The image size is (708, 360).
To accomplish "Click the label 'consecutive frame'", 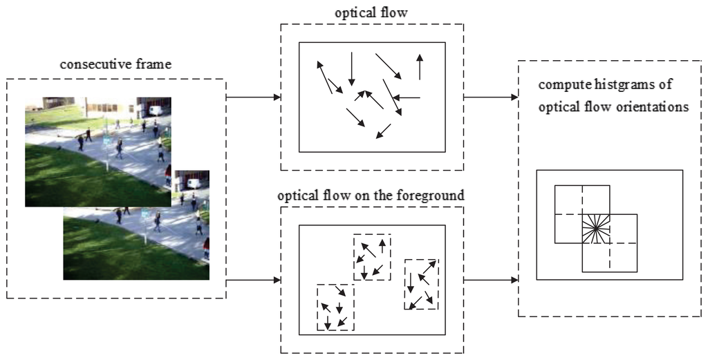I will [115, 65].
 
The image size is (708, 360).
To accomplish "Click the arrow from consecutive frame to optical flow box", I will [253, 97].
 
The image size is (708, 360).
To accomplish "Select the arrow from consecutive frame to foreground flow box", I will [253, 281].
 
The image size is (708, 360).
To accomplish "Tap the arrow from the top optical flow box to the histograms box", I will [490, 97].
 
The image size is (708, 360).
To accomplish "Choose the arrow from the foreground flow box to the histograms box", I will [490, 281].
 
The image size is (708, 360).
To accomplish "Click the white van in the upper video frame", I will [155, 110].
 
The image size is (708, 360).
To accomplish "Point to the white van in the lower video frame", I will [194, 183].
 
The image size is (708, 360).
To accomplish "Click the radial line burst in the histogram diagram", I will [595, 229].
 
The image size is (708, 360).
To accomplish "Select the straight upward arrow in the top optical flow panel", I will [420, 67].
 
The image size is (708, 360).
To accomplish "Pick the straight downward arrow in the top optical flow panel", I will [351, 69].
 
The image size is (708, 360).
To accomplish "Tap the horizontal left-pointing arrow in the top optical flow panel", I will [407, 97].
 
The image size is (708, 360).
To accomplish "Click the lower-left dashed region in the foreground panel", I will [335, 307].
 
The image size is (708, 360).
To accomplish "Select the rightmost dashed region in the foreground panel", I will [421, 284].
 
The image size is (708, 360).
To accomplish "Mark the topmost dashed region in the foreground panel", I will [372, 257].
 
